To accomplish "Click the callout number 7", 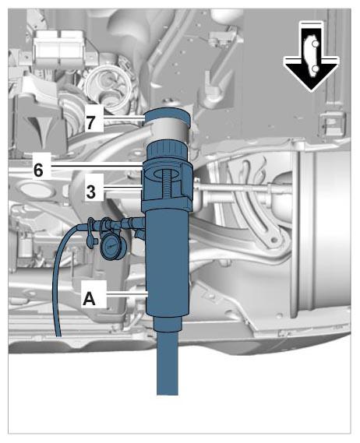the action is pos(90,123).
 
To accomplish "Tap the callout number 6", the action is pos(39,170).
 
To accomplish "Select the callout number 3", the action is pos(90,192).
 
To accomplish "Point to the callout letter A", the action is pos(90,299).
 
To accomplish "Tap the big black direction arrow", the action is pos(311,57).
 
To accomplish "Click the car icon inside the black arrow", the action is pos(311,56).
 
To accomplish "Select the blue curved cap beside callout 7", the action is pos(167,117).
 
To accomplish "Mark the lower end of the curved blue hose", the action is pos(58,336).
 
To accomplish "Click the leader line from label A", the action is pos(127,294).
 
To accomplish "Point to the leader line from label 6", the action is pos(96,166).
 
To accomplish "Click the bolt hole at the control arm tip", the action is pos(274,241).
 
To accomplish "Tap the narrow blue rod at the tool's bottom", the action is pos(167,362).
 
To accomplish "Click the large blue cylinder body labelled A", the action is pos(167,262).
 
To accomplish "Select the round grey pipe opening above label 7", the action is pos(108,85).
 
